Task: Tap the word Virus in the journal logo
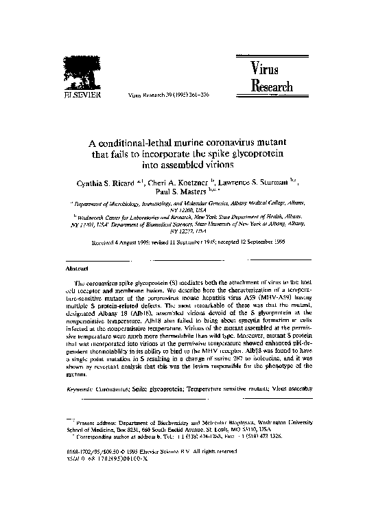(266, 69)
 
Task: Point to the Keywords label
(82, 389)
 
